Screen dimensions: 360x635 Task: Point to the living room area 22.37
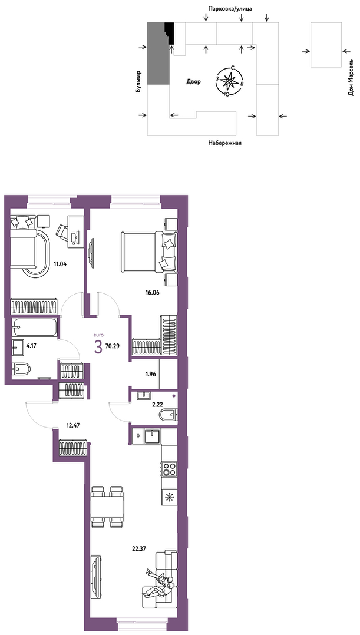(x=138, y=548)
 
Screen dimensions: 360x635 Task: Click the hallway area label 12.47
(x=72, y=426)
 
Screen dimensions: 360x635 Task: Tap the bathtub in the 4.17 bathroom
(x=34, y=328)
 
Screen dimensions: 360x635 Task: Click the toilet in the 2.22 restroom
(x=168, y=415)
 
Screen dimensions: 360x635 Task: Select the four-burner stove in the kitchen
(x=170, y=469)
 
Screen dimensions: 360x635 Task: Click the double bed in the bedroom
(x=149, y=252)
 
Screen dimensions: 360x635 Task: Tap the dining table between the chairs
(x=107, y=506)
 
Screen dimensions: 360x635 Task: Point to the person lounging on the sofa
(x=160, y=584)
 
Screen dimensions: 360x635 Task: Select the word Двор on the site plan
(x=194, y=81)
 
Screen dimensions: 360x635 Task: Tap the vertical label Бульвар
(x=139, y=81)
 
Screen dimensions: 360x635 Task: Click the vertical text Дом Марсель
(x=351, y=80)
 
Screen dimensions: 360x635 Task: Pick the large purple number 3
(x=98, y=347)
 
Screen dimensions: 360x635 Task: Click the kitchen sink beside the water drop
(x=154, y=436)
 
